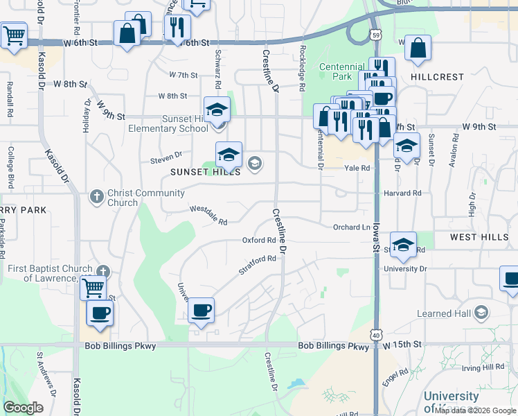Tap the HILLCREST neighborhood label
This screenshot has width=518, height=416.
click(x=437, y=77)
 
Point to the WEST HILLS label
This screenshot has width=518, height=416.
click(x=479, y=237)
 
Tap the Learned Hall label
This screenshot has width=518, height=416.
click(x=443, y=314)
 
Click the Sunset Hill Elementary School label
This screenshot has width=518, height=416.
click(x=168, y=123)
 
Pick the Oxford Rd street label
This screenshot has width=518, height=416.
click(x=259, y=241)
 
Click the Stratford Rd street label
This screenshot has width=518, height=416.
click(x=258, y=266)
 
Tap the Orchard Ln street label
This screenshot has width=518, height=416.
click(x=351, y=227)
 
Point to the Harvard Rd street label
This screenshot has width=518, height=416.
click(x=402, y=193)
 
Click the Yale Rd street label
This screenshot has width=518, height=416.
click(x=356, y=167)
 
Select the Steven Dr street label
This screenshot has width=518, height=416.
click(x=166, y=158)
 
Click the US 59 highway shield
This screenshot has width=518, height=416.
click(x=375, y=34)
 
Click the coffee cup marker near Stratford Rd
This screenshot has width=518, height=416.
click(x=201, y=310)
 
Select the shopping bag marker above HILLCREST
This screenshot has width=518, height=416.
click(x=418, y=49)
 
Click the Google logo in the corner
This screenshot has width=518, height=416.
click(x=24, y=408)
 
